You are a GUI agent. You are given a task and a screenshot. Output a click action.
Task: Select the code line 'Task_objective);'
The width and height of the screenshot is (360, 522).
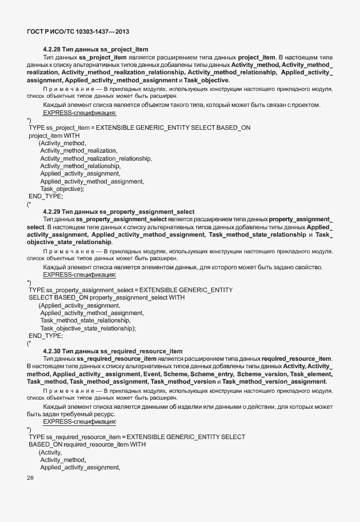click(x=62, y=188)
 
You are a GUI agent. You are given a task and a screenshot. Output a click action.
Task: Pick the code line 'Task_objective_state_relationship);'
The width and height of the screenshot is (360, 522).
click(x=88, y=328)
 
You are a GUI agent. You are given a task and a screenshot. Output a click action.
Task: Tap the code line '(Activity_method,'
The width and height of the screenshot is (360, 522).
click(x=62, y=143)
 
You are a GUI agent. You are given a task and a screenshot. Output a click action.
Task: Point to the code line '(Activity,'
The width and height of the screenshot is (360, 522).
click(x=50, y=452)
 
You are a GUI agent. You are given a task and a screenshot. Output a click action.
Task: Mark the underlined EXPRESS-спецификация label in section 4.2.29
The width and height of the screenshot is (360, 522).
click(x=79, y=274)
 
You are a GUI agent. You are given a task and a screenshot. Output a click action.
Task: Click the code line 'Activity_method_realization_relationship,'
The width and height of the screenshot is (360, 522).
click(x=96, y=158)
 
